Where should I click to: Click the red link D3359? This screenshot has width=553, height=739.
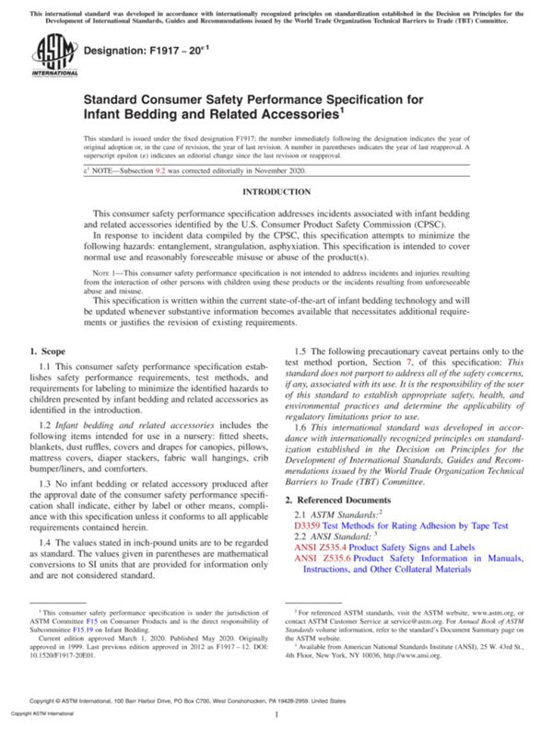click(x=308, y=526)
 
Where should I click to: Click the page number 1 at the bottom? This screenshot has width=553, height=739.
click(x=276, y=714)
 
